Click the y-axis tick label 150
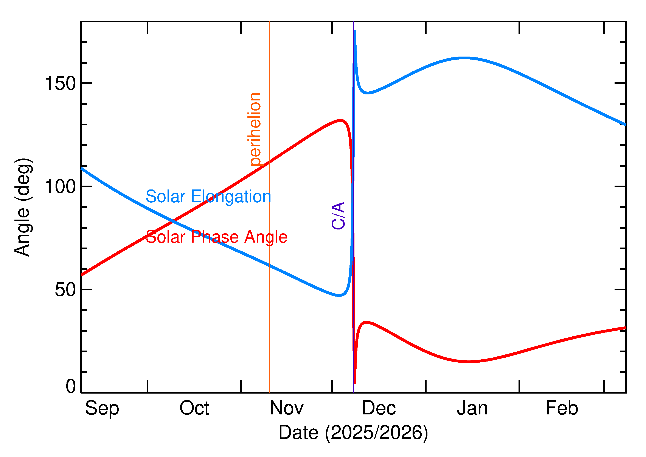pos(60,84)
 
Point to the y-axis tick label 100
pos(60,187)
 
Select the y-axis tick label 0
pos(71,386)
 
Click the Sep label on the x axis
pos(102,409)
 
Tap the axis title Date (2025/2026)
pos(353,432)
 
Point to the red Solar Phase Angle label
pos(216,237)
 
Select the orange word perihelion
pos(255,129)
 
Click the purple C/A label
pos(338,215)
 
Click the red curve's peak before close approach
pos(341,121)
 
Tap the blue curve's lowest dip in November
pos(339,295)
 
